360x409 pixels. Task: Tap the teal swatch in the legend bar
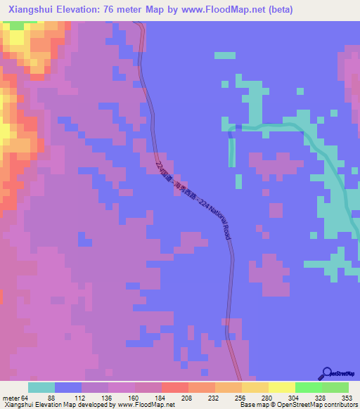(41, 387)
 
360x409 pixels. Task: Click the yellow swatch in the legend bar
(282, 387)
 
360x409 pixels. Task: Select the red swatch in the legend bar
(175, 387)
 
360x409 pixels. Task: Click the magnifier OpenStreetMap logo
(327, 373)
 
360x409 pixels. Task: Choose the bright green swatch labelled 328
(309, 387)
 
